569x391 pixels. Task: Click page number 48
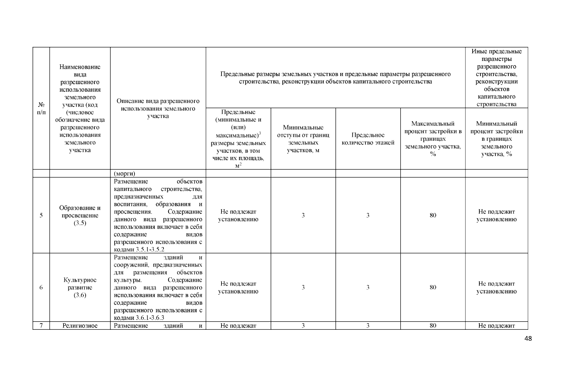tap(528, 339)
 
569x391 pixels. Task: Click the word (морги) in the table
tap(124, 173)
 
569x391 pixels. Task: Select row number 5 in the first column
tap(41, 215)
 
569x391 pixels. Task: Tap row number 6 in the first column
tap(41, 287)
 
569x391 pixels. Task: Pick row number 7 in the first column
tap(41, 326)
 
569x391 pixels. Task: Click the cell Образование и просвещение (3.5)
tap(80, 215)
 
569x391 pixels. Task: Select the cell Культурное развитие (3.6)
tap(80, 287)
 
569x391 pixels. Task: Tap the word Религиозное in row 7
tap(80, 326)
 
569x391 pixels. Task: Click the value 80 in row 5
tap(433, 215)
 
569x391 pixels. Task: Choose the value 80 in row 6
tap(433, 287)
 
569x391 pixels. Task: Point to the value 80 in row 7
tap(433, 326)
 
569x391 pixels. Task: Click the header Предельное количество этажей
tap(368, 139)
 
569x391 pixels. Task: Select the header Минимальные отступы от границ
tap(303, 139)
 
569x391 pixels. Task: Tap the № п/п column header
tap(41, 109)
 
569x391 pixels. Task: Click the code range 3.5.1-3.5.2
tap(150, 250)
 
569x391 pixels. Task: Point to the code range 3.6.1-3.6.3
tap(150, 318)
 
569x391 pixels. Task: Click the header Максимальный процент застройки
tap(433, 139)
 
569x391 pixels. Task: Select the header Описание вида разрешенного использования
tap(158, 109)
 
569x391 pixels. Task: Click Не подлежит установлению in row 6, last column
tap(496, 287)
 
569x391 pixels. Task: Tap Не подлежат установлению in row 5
tap(238, 215)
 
